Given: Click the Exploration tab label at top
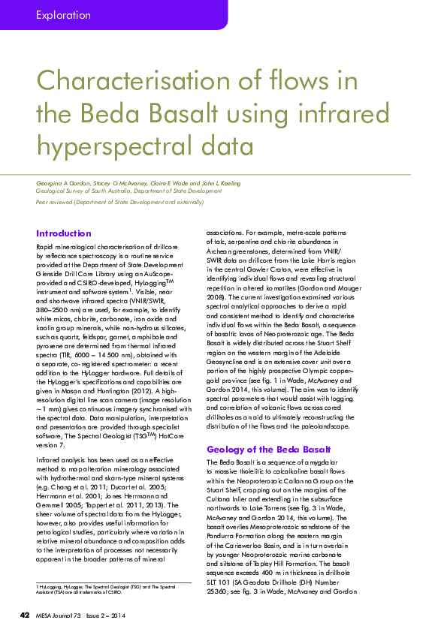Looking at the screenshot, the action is point(63,15).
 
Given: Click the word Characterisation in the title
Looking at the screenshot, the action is point(138,81).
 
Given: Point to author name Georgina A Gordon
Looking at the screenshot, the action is point(63,183).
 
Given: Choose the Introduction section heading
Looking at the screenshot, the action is point(64,233).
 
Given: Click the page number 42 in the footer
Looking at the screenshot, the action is point(24,616).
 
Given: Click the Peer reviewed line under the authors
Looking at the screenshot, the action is point(119,202).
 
